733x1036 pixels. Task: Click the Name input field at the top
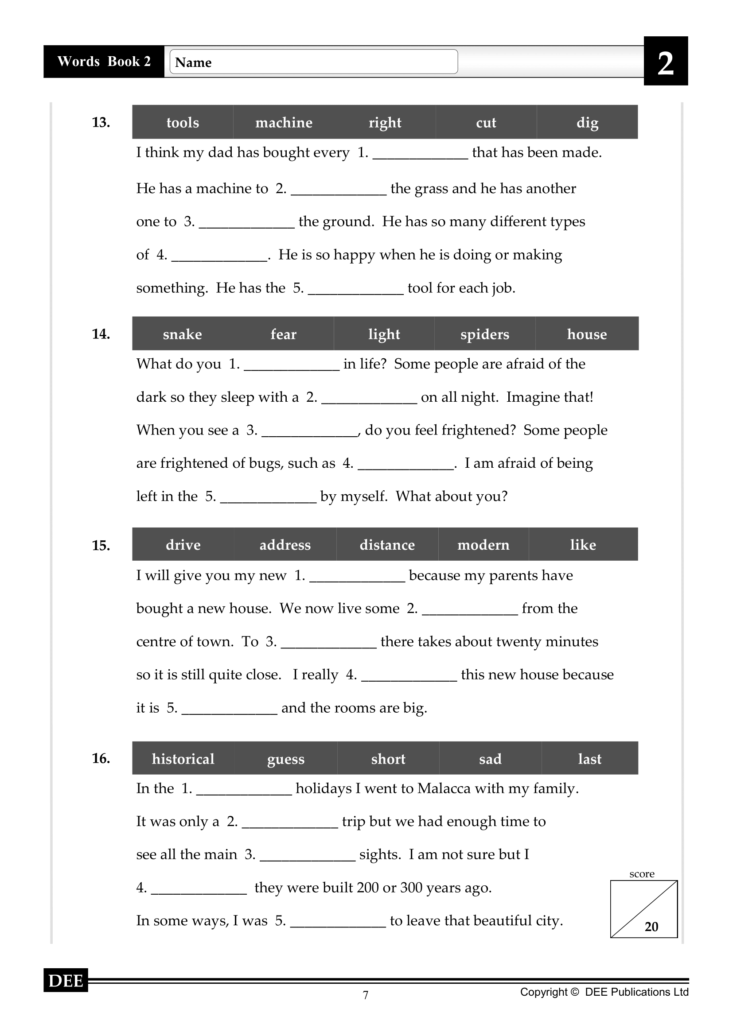click(314, 62)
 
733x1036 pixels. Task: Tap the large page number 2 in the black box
click(665, 63)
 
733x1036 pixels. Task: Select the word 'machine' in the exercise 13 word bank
click(284, 122)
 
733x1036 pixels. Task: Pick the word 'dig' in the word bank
click(587, 122)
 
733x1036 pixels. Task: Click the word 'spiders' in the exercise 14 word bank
click(484, 334)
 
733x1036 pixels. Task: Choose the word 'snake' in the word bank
click(182, 334)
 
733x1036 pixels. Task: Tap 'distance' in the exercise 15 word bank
click(387, 545)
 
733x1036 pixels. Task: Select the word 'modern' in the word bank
click(483, 545)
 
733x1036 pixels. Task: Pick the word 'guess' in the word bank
click(286, 759)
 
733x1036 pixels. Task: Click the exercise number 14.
click(101, 334)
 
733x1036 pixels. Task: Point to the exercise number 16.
click(101, 758)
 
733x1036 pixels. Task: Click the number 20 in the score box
click(651, 926)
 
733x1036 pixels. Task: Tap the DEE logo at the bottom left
click(66, 981)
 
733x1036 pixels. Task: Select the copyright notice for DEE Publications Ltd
click(604, 992)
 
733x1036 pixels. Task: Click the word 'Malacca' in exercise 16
click(444, 788)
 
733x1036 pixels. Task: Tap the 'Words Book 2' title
click(104, 62)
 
